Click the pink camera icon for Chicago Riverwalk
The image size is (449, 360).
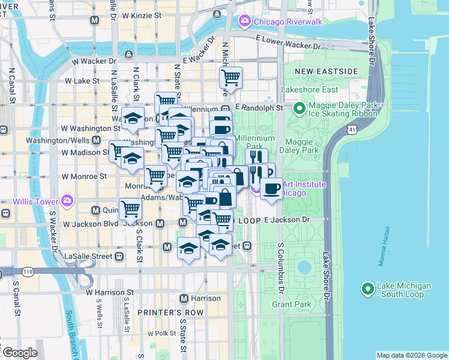pos(244,22)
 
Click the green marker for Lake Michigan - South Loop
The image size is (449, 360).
pos(368,290)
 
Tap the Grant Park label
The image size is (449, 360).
pos(291,305)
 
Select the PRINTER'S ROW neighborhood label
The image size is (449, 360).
pos(165,313)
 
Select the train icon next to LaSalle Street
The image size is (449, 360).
pos(119,256)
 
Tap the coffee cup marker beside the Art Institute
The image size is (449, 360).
pos(271,189)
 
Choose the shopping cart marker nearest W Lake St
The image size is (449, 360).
pos(231,77)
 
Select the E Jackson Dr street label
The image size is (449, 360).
pos(286,220)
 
